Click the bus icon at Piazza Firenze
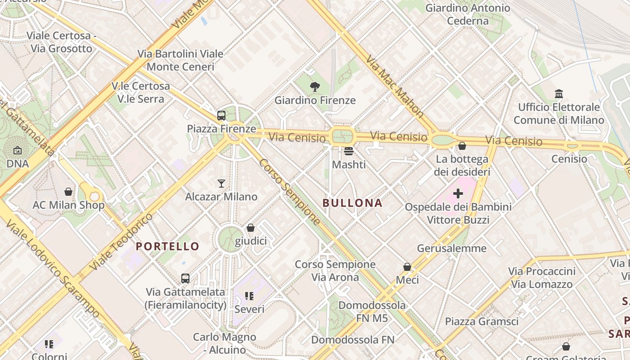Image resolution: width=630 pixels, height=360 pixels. click(x=221, y=116)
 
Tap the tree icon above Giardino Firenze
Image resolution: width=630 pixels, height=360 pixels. click(x=315, y=87)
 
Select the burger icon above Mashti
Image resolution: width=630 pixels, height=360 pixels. click(x=349, y=151)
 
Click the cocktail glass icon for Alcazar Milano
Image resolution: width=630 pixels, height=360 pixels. click(x=221, y=183)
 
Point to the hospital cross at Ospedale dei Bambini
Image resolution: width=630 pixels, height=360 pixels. click(x=458, y=193)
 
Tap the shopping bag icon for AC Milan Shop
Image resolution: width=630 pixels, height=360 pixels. click(x=68, y=192)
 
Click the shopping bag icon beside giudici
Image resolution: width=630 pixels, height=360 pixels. click(x=251, y=228)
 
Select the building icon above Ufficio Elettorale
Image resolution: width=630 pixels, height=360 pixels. click(x=559, y=94)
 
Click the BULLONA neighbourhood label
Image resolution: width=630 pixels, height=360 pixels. click(x=352, y=203)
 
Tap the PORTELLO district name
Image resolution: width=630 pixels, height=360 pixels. click(x=167, y=246)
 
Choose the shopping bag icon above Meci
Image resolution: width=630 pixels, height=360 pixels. click(x=407, y=267)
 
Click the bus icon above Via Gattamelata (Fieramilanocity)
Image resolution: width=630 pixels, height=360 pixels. click(x=185, y=279)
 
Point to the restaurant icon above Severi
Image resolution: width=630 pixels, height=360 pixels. click(x=249, y=296)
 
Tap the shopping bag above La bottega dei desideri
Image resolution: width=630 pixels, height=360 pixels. click(x=462, y=146)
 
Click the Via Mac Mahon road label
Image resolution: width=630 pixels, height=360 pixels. click(x=395, y=86)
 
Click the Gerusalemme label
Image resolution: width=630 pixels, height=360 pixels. click(x=452, y=248)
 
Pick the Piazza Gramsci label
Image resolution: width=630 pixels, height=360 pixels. click(x=481, y=321)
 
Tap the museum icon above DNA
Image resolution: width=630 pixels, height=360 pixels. click(x=18, y=150)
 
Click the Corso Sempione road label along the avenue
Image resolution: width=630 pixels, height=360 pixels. click(x=289, y=192)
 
